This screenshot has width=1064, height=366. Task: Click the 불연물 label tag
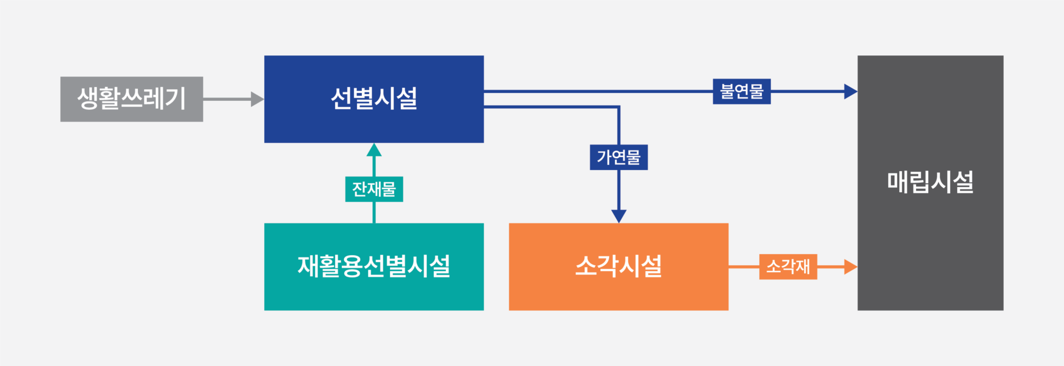741,91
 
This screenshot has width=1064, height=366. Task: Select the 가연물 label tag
618,157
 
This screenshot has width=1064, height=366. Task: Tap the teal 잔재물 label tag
374,189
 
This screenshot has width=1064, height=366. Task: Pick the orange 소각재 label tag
788,267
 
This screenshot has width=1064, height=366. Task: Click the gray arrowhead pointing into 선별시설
257,99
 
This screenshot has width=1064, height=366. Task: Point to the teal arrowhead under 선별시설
374,150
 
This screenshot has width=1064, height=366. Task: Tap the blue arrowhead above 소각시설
618,216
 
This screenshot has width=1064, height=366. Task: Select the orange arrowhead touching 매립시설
850,267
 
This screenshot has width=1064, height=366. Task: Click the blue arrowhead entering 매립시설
850,91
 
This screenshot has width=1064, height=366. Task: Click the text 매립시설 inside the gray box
930,182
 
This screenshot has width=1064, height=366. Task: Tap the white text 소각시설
618,266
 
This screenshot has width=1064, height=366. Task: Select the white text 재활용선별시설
374,266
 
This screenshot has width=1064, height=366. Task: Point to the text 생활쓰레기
131,99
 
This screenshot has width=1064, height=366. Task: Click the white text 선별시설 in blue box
374,99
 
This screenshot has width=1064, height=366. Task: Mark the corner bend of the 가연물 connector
618,107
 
